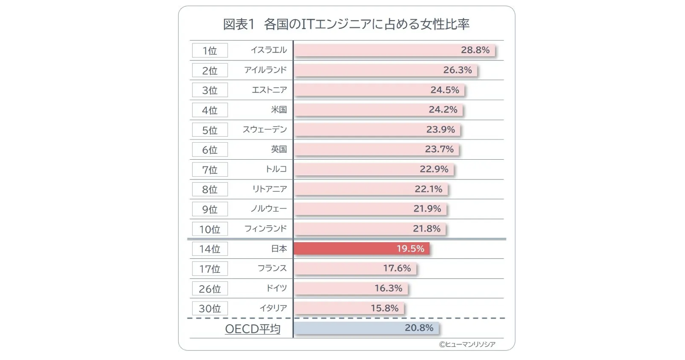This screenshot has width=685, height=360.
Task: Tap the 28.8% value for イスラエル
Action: point(475,50)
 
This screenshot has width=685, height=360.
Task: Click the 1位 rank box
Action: point(210,50)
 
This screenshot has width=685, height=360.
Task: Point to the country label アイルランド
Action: point(265,70)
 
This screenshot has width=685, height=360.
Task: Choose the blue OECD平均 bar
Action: point(366,328)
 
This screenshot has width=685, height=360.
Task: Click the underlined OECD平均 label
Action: point(253,329)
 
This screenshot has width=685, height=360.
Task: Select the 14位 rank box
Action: point(210,249)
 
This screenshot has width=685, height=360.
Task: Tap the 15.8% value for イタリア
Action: point(384,308)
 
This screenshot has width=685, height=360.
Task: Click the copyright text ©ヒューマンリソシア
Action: point(467,344)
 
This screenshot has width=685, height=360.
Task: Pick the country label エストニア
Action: point(269,90)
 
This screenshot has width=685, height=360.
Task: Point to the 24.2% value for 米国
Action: point(443,110)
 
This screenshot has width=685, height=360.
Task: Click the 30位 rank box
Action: point(210,308)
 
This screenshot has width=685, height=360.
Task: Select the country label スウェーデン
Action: point(264,130)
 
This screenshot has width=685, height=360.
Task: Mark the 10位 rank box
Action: point(210,229)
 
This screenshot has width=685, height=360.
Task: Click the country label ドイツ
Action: point(276,288)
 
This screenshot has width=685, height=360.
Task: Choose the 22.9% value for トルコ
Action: point(434,169)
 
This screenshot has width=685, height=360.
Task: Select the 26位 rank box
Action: point(210,288)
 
